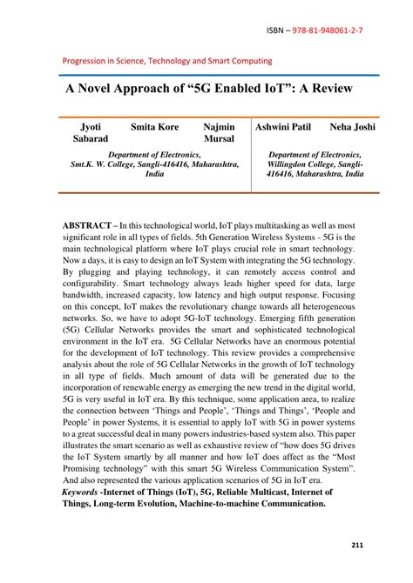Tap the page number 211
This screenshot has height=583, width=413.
coord(357,545)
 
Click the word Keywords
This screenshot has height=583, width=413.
coord(79,492)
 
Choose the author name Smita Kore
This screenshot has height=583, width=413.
coord(154,127)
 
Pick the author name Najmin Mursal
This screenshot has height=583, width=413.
coord(219,132)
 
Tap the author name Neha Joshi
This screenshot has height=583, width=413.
coord(353,127)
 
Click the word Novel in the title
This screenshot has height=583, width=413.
coord(105,90)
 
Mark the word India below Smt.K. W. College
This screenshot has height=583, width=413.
coord(154,174)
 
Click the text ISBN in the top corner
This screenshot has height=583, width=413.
coord(276,30)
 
